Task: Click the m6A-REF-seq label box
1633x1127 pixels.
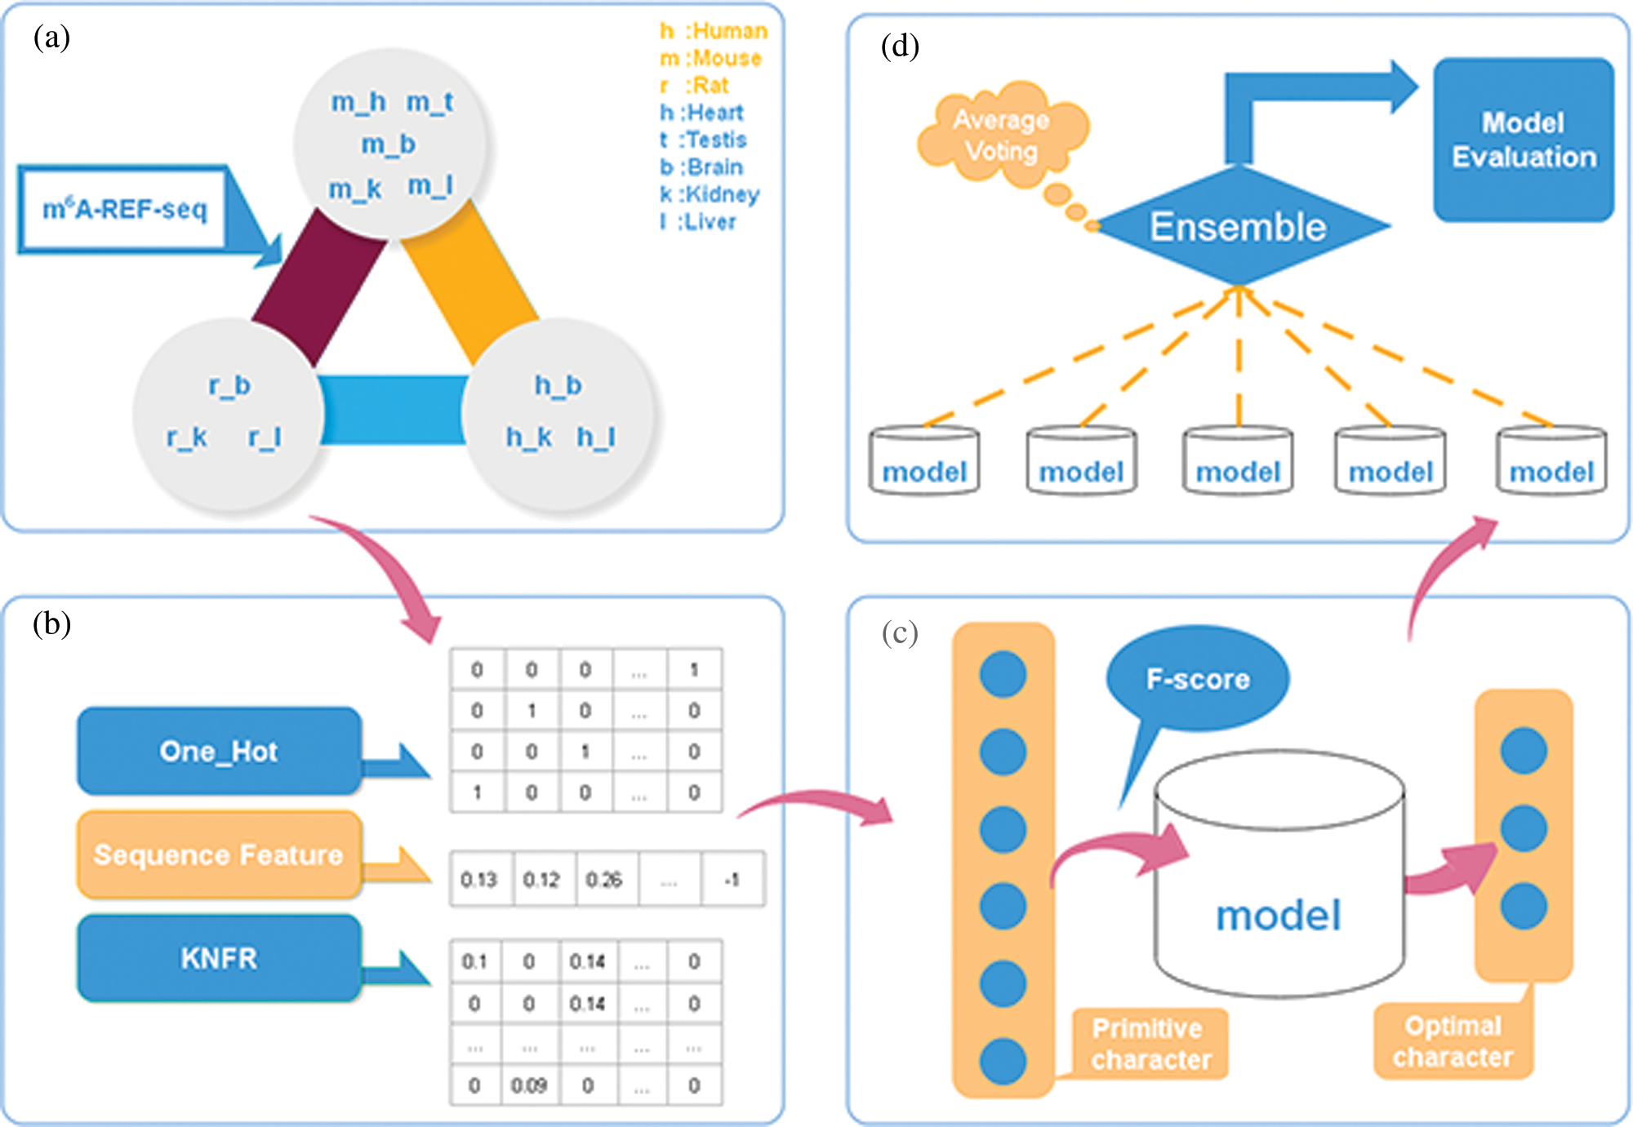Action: (124, 209)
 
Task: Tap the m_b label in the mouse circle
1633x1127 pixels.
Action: (389, 144)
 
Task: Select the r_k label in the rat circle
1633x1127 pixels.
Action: (187, 437)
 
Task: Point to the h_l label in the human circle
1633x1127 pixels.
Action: (596, 437)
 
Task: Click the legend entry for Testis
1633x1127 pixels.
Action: (704, 140)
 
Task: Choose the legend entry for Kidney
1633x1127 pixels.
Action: (710, 194)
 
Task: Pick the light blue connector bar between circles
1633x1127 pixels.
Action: (393, 410)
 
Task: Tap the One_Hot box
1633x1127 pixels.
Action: (219, 751)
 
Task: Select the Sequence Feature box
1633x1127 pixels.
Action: (219, 854)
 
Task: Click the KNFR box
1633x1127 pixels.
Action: (219, 958)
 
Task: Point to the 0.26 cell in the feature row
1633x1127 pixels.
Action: (604, 880)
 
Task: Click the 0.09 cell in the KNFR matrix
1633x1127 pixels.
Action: (529, 1085)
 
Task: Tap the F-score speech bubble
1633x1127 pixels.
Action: (1198, 679)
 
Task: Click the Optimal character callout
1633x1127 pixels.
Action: (1453, 1041)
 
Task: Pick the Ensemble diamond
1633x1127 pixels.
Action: (1239, 226)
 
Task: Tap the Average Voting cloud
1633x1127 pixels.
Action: (1002, 135)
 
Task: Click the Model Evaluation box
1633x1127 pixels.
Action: (1524, 140)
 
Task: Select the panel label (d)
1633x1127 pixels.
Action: (900, 47)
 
